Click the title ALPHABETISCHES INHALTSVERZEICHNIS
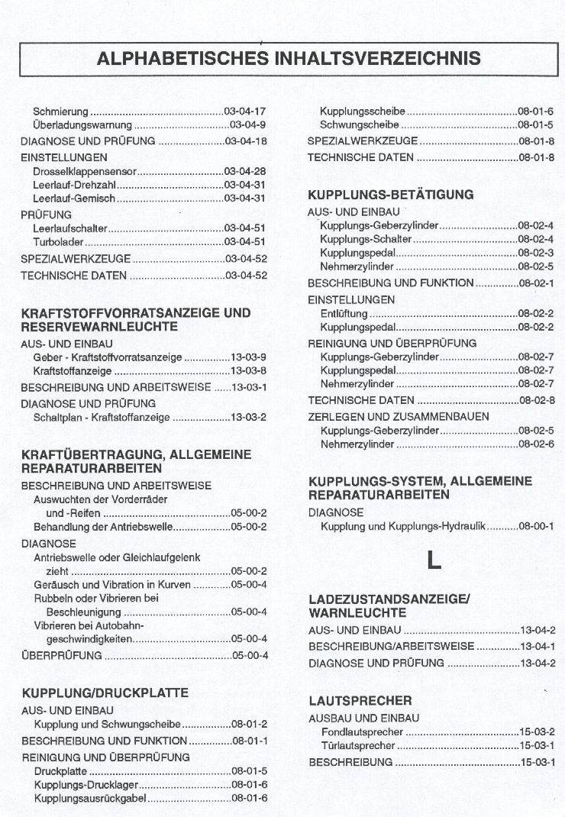[x=289, y=58]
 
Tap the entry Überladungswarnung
[x=83, y=125]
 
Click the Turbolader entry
[x=59, y=242]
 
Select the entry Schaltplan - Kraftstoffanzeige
[x=102, y=417]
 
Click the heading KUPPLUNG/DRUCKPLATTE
[x=105, y=693]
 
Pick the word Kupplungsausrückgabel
[x=91, y=799]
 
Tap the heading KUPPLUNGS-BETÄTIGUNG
[x=390, y=195]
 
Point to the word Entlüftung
[x=344, y=314]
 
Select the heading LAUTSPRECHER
[x=360, y=700]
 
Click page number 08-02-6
[x=536, y=444]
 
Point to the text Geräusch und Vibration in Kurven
[x=111, y=584]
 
